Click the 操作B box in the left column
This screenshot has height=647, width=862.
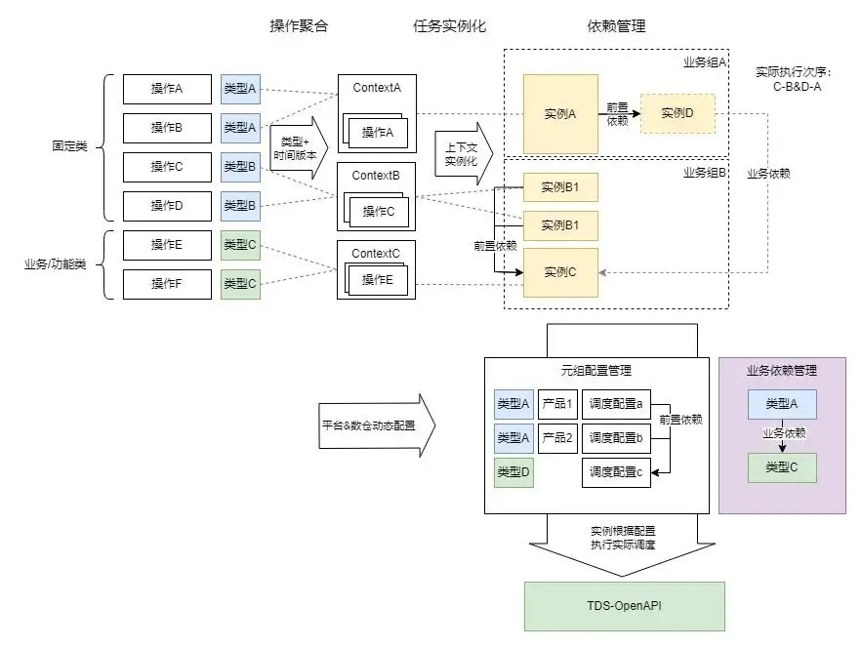[167, 128]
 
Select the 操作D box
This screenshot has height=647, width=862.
[167, 206]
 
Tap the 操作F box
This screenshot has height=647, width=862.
[167, 283]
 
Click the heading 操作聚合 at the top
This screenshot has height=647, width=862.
[299, 26]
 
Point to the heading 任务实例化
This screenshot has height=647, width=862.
[449, 26]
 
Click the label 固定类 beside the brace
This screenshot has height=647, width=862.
[70, 146]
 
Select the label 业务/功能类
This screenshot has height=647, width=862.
[56, 263]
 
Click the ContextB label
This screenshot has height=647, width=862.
[376, 175]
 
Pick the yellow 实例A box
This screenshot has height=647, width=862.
[560, 114]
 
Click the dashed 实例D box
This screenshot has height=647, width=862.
[677, 114]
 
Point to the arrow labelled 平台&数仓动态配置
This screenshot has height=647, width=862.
[376, 426]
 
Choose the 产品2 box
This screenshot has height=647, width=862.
[557, 438]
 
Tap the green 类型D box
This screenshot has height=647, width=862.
[513, 472]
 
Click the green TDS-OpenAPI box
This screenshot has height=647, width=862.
[625, 606]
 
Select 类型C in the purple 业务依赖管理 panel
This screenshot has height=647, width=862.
[782, 467]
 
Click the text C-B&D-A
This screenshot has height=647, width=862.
[792, 86]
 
